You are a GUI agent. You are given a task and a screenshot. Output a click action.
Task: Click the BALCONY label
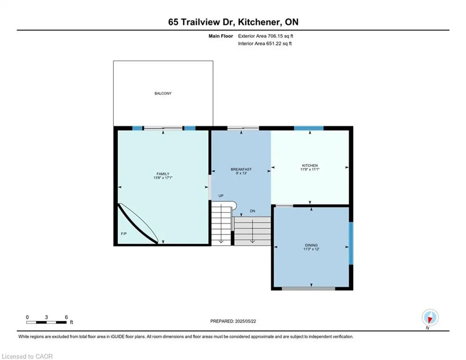pyautogui.click(x=163, y=93)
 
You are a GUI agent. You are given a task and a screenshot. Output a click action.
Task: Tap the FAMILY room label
pyautogui.click(x=163, y=174)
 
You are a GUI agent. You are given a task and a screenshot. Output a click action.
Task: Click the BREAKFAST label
pyautogui.click(x=241, y=169)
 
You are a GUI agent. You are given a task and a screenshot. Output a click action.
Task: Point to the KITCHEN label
pyautogui.click(x=310, y=165)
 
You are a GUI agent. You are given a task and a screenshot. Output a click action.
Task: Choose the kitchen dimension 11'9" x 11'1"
pyautogui.click(x=310, y=170)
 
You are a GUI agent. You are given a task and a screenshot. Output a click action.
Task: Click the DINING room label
pyautogui.click(x=311, y=245)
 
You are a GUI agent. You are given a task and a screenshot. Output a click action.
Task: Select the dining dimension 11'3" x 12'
pyautogui.click(x=311, y=249)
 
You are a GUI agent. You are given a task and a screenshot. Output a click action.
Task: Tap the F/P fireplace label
pyautogui.click(x=123, y=233)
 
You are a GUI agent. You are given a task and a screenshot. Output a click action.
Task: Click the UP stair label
pyautogui.click(x=220, y=195)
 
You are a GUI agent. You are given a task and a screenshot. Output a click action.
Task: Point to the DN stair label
pyautogui.click(x=252, y=211)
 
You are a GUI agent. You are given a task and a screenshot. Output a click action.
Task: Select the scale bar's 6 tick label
pyautogui.click(x=67, y=317)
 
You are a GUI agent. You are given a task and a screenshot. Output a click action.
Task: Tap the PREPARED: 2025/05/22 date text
pyautogui.click(x=233, y=321)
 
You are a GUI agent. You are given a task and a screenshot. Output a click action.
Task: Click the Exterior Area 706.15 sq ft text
pyautogui.click(x=266, y=36)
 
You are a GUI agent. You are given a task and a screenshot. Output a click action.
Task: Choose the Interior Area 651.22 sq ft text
pyautogui.click(x=265, y=44)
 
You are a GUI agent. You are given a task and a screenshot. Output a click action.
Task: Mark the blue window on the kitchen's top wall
pyautogui.click(x=308, y=128)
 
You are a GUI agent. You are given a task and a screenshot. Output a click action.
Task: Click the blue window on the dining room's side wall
pyautogui.click(x=350, y=243)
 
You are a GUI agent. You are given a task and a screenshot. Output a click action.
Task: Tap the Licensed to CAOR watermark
pyautogui.click(x=27, y=356)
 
